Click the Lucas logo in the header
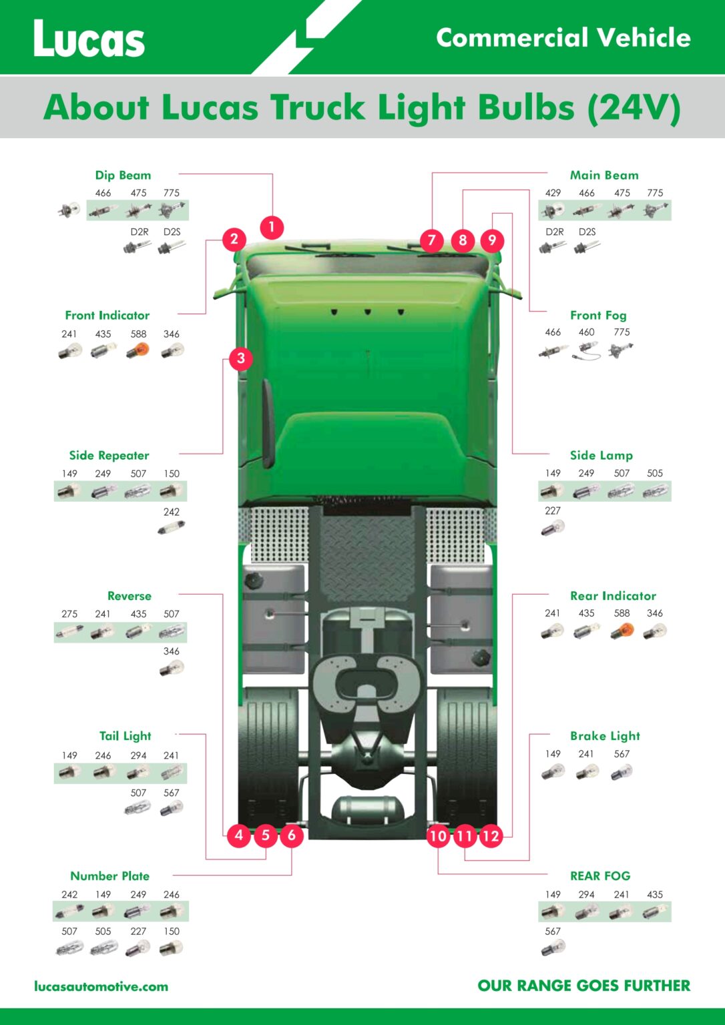click(89, 39)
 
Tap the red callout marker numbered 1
click(272, 227)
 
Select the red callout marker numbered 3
click(241, 358)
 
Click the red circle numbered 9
click(492, 240)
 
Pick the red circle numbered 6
click(292, 835)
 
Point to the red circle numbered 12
click(491, 836)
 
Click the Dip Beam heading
click(123, 176)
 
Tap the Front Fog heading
click(598, 315)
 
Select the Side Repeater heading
click(109, 455)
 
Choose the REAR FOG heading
click(600, 876)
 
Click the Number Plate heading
click(110, 876)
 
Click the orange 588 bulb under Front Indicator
click(138, 351)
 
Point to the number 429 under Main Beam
click(553, 193)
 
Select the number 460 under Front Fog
click(586, 332)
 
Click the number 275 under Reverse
click(69, 614)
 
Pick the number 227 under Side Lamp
click(553, 510)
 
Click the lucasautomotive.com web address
click(101, 986)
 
